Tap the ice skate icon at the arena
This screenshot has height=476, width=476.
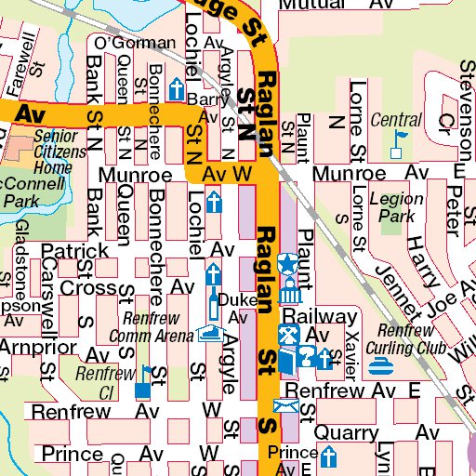point(209,332)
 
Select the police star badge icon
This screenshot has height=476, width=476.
point(288,262)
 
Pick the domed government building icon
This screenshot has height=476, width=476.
point(288,293)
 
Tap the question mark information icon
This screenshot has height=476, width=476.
point(308,354)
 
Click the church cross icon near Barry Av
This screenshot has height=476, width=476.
point(175,89)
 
